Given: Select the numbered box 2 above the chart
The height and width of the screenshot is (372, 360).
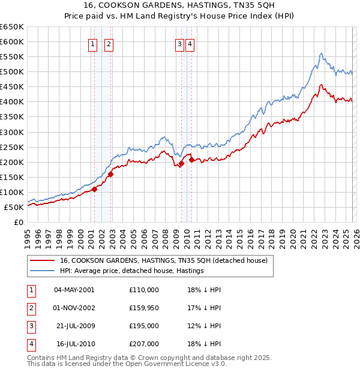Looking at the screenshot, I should click(x=109, y=44).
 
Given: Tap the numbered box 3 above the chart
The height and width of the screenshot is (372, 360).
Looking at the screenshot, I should click(x=179, y=44).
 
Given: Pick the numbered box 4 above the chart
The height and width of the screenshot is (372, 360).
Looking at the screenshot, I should click(x=190, y=44).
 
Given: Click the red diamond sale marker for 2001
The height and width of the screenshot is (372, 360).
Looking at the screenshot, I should click(x=94, y=189).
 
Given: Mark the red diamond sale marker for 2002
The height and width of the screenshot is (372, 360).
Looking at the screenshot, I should click(x=110, y=175).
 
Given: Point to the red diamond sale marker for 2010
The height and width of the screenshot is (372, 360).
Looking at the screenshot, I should click(x=191, y=160).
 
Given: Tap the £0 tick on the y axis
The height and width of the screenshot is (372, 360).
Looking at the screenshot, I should click(x=18, y=222).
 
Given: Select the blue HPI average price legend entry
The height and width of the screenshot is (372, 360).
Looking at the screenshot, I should click(x=132, y=271).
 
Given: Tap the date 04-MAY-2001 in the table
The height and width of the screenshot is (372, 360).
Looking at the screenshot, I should click(x=74, y=290).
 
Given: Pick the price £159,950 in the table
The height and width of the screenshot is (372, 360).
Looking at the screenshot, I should click(x=144, y=308).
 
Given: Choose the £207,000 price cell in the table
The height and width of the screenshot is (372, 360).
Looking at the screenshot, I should click(x=144, y=344).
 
